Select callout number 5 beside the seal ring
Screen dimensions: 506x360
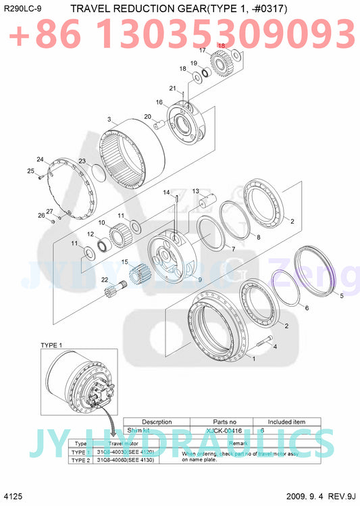[x=341, y=295]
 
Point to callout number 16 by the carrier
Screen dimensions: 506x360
[x=159, y=102]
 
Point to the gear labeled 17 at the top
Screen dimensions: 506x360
[x=220, y=63]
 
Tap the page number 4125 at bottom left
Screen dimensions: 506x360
[x=13, y=496]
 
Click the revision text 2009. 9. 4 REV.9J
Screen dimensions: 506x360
[x=321, y=496]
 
